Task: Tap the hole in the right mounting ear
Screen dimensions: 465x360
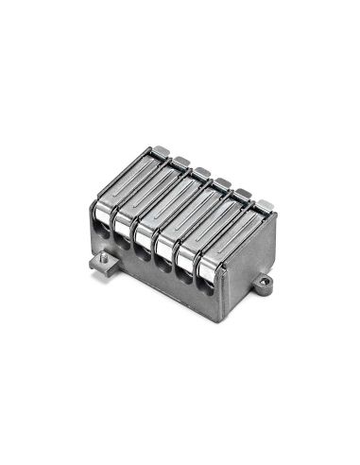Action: pyautogui.click(x=265, y=281)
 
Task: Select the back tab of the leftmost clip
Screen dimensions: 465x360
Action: pyautogui.click(x=163, y=150)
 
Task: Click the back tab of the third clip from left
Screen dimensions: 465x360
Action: pyautogui.click(x=201, y=172)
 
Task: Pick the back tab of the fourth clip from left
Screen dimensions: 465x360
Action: pyautogui.click(x=222, y=182)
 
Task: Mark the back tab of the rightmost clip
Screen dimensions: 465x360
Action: pyautogui.click(x=265, y=204)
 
